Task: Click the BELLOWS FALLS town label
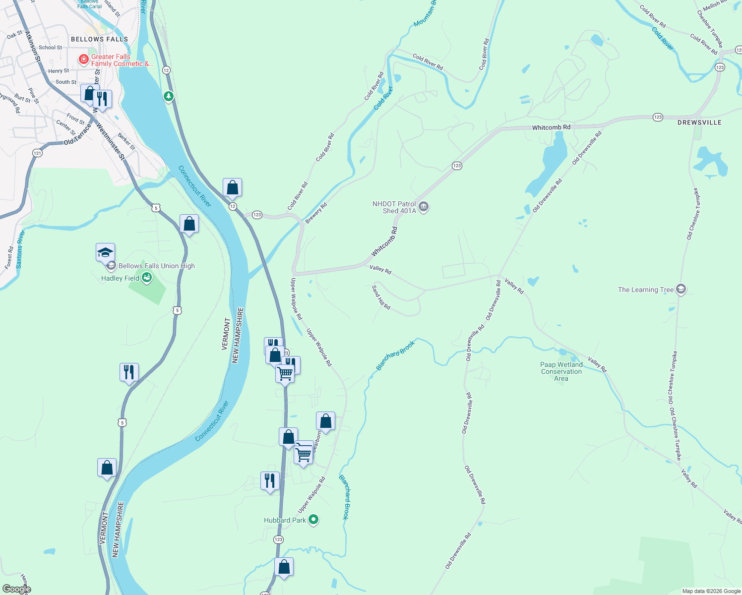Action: pos(99,39)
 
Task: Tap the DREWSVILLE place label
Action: pos(699,122)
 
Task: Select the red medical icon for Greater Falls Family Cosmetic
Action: pos(84,59)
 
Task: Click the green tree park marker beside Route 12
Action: pos(169,96)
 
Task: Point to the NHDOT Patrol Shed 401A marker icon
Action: pos(424,207)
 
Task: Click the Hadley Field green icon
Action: pos(147,278)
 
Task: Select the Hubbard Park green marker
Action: pos(313,520)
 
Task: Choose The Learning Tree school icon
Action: pos(681,290)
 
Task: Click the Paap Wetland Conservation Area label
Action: pos(561,371)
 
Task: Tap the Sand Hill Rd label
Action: pos(381,297)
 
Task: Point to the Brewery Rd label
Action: pos(316,213)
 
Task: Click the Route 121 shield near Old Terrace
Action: pos(38,153)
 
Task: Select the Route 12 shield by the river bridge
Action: pos(232,206)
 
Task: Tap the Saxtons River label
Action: pos(20,250)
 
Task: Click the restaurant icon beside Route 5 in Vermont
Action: pos(129,372)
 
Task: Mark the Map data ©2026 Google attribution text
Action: pos(711,591)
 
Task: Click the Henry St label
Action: pos(59,71)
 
